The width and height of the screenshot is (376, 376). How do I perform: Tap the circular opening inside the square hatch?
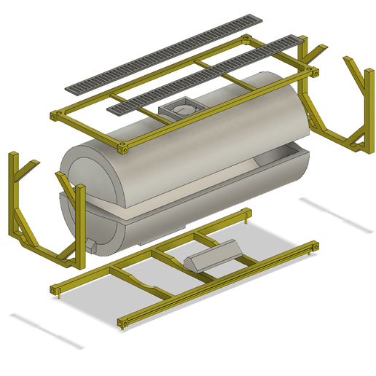coord(182,109)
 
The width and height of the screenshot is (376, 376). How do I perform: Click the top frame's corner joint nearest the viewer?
coord(123,148)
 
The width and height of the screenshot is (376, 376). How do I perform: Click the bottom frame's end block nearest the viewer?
coord(122,321)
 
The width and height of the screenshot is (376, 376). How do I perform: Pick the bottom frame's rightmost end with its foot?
coord(314,247)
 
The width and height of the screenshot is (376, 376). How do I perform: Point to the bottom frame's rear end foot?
coord(249,214)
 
